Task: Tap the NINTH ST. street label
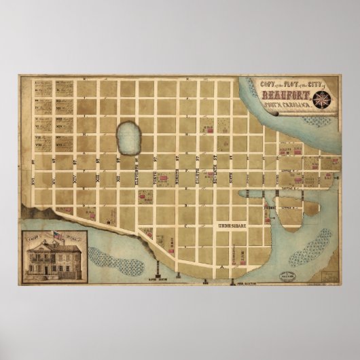pos(176,163)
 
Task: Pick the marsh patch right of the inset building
pos(106,257)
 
